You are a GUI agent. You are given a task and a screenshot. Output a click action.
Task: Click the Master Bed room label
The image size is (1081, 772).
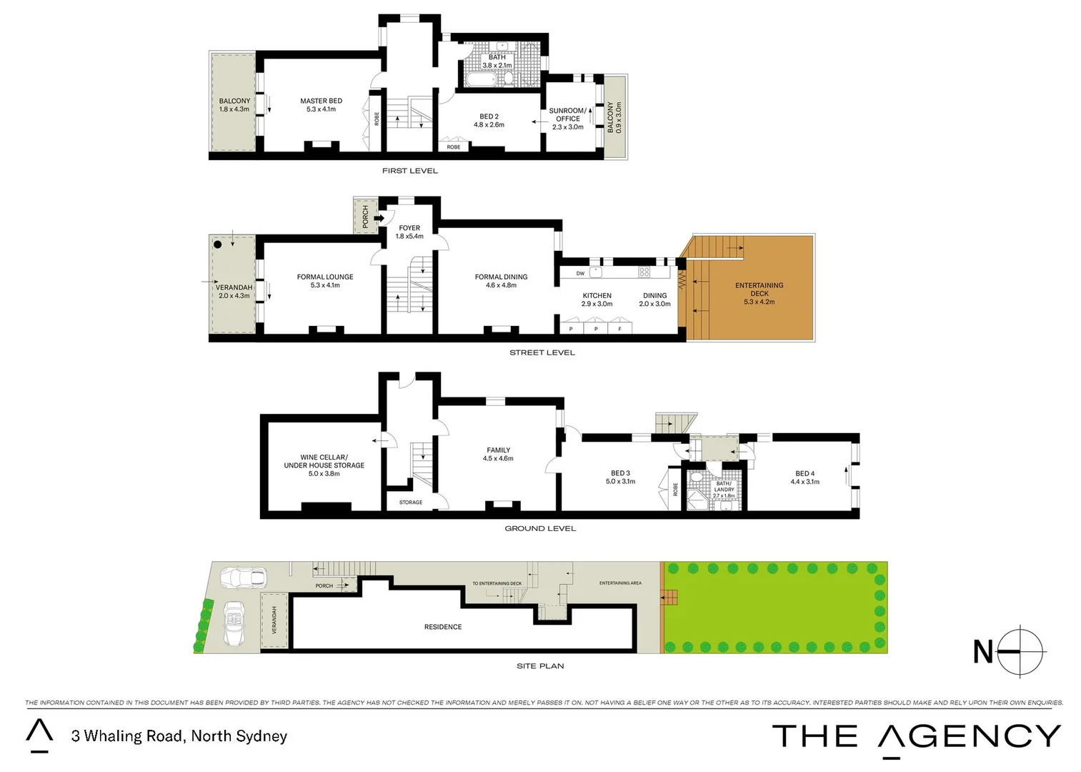pyautogui.click(x=321, y=105)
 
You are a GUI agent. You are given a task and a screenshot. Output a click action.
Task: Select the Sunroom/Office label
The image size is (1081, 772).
pyautogui.click(x=567, y=119)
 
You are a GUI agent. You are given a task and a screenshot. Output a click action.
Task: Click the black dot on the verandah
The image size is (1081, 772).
pyautogui.click(x=218, y=244)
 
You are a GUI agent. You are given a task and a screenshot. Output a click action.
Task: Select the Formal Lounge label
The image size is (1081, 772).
pyautogui.click(x=325, y=281)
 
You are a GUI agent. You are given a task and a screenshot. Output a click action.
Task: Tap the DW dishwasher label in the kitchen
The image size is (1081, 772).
pyautogui.click(x=580, y=273)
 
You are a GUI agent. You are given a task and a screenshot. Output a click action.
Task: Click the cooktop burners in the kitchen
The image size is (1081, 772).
pyautogui.click(x=644, y=272)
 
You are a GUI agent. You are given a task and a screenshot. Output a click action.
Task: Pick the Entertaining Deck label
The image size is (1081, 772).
pyautogui.click(x=759, y=293)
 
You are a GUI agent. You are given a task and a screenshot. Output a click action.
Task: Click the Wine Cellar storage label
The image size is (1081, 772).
pyautogui.click(x=324, y=465)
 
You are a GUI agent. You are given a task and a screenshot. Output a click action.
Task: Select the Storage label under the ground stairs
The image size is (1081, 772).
pyautogui.click(x=411, y=503)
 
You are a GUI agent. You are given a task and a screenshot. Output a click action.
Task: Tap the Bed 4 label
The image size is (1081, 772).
pyautogui.click(x=804, y=477)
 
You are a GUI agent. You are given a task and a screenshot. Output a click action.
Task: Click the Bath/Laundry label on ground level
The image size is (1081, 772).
pyautogui.click(x=724, y=489)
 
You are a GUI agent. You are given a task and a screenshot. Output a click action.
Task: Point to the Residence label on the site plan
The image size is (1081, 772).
pyautogui.click(x=443, y=627)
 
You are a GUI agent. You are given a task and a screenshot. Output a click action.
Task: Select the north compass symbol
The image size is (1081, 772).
pyautogui.click(x=1020, y=651)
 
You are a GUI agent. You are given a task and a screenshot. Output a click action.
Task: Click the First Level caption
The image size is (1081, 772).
pyautogui.click(x=409, y=171)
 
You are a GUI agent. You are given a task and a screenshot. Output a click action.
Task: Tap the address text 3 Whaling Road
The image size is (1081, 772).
pyautogui.click(x=179, y=736)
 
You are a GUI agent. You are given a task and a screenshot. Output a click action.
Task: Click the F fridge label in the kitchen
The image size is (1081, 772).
pyautogui.click(x=619, y=329)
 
